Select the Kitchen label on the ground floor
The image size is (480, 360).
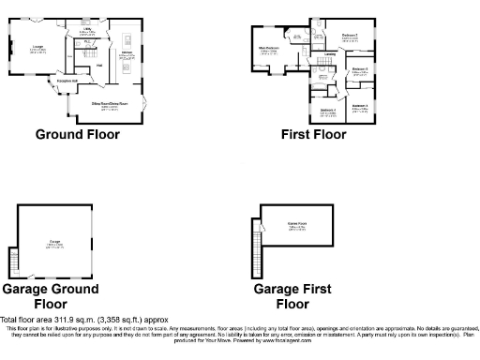pyautogui.click(x=125, y=55)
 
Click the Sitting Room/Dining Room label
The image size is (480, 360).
pyautogui.click(x=110, y=103)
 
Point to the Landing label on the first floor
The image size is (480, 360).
pyautogui.click(x=330, y=67)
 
